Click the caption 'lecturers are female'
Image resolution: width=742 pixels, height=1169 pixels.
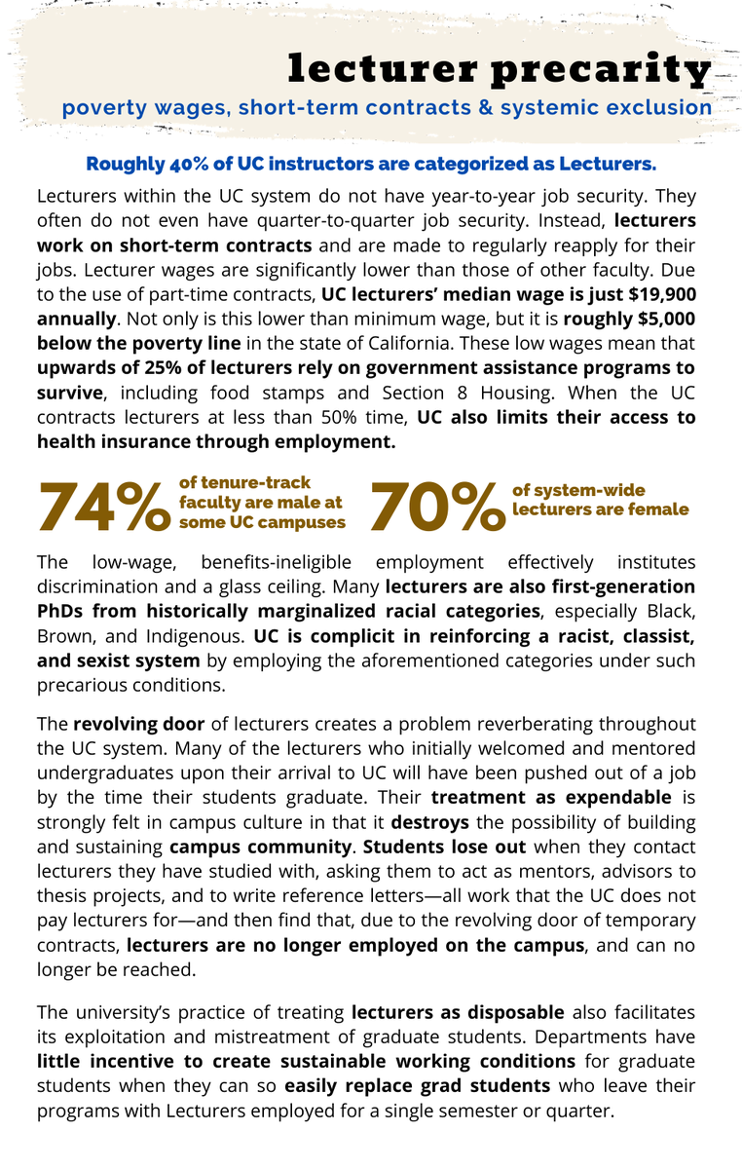tap(601, 509)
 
